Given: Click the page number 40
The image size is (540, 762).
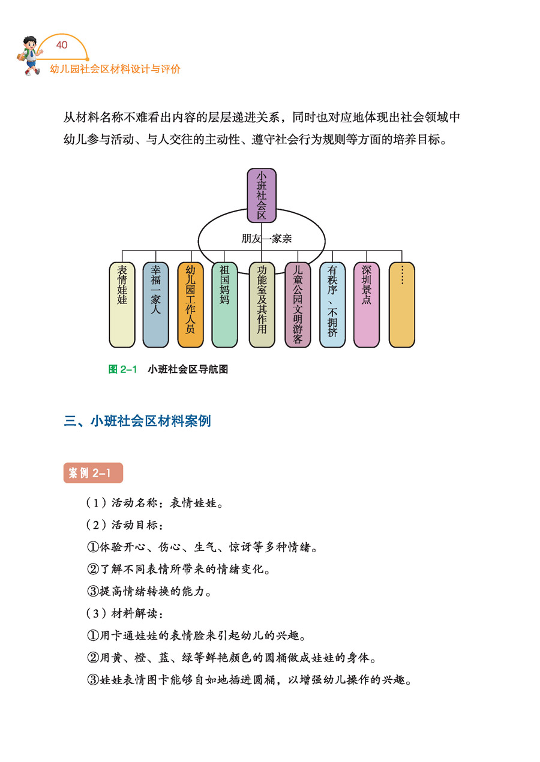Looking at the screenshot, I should pyautogui.click(x=62, y=45).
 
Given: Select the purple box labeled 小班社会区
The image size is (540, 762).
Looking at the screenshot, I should pyautogui.click(x=262, y=195).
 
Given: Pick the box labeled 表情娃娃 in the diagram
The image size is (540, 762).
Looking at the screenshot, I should pyautogui.click(x=122, y=305).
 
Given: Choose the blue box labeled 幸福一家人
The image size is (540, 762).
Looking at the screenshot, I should pyautogui.click(x=155, y=305).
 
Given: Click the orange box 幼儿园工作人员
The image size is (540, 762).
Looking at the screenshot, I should pyautogui.click(x=190, y=305).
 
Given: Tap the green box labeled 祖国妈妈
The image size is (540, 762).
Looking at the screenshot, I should pyautogui.click(x=224, y=305).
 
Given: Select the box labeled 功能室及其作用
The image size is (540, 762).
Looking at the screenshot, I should pyautogui.click(x=262, y=305).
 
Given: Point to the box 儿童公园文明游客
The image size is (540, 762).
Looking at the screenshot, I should pyautogui.click(x=298, y=305).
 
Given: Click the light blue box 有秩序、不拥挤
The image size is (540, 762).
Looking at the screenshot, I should pyautogui.click(x=332, y=305).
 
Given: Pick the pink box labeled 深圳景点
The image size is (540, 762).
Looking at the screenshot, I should pyautogui.click(x=366, y=305).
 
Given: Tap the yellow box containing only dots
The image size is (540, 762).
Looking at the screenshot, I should pyautogui.click(x=401, y=305).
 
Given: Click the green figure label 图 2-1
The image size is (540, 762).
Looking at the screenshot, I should pyautogui.click(x=123, y=369).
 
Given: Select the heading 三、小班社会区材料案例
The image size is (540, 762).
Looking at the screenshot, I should pyautogui.click(x=137, y=421).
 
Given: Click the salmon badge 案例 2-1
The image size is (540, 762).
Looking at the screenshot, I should pyautogui.click(x=92, y=473).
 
